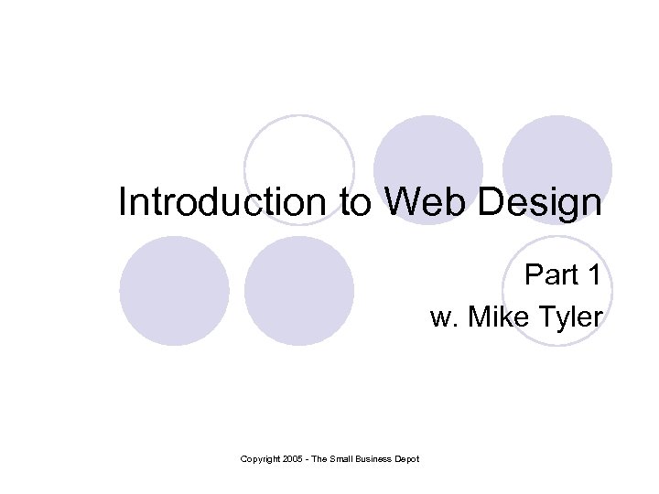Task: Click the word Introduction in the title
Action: pyautogui.click(x=226, y=202)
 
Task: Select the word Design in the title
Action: pyautogui.click(x=544, y=204)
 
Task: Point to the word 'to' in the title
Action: pyautogui.click(x=357, y=204)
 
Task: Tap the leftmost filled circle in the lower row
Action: pyautogui.click(x=174, y=291)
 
